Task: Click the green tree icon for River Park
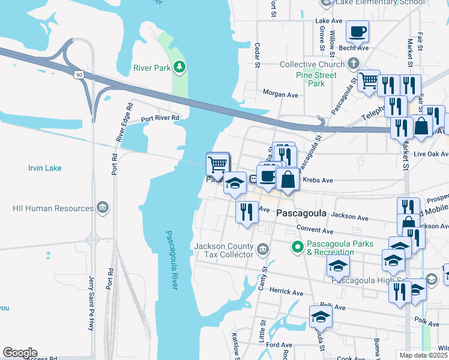click(179, 67)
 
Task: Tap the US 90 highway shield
click(77, 74)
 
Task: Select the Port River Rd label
click(160, 119)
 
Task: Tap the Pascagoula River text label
click(172, 252)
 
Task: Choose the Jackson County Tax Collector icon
click(262, 249)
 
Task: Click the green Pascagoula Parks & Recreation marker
click(296, 246)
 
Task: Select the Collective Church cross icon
click(354, 64)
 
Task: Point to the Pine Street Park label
click(316, 79)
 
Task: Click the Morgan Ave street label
click(280, 94)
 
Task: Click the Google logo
click(20, 353)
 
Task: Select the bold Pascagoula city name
click(301, 214)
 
